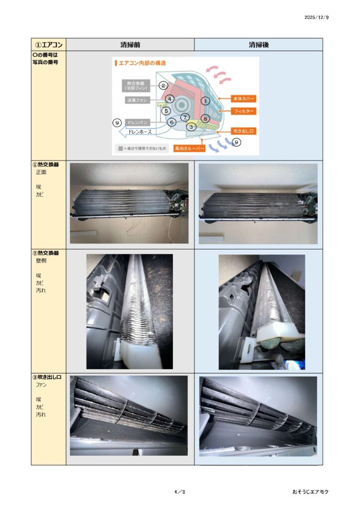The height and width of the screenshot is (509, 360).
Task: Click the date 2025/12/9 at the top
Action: click(x=317, y=17)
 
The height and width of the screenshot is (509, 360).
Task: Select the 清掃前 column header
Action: click(x=130, y=45)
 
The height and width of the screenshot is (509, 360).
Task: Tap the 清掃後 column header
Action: click(x=259, y=45)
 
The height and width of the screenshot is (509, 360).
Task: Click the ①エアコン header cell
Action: click(x=49, y=45)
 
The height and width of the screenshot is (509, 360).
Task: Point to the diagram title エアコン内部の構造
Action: click(x=142, y=63)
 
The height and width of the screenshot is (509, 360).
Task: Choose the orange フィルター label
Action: click(x=244, y=111)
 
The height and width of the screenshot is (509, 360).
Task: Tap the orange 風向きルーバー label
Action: click(x=189, y=148)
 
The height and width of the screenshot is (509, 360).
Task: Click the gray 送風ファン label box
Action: click(x=137, y=100)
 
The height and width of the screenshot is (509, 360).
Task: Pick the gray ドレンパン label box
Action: click(x=137, y=122)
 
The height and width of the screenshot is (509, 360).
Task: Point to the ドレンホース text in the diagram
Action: click(x=140, y=132)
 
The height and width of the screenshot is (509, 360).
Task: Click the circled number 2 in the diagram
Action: click(x=163, y=85)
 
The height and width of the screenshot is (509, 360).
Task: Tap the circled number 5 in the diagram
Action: click(x=166, y=111)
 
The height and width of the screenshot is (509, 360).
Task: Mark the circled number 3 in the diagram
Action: click(x=191, y=127)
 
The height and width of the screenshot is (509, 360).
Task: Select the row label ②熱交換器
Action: click(x=46, y=253)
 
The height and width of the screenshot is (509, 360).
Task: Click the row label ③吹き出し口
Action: click(x=47, y=377)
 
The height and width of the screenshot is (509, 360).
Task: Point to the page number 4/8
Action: click(x=180, y=492)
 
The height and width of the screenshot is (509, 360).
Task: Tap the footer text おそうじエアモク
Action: click(x=310, y=492)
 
